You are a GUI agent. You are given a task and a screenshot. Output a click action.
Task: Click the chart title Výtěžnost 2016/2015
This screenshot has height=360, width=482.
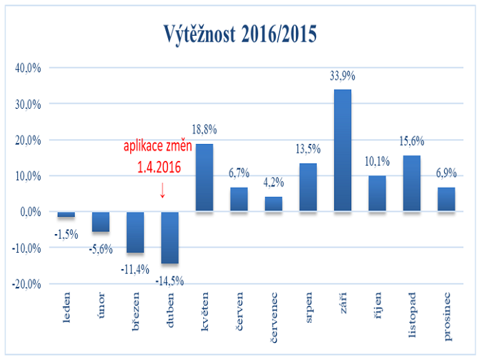[x=241, y=33]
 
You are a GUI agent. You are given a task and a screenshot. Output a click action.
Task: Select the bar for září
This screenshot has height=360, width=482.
[x=342, y=150]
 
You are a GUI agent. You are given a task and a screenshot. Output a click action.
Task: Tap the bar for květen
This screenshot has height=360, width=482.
[x=205, y=177]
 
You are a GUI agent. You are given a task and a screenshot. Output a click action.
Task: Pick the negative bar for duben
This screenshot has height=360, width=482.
[x=169, y=237]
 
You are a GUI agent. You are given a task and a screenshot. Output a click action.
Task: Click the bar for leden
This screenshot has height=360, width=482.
[x=66, y=214]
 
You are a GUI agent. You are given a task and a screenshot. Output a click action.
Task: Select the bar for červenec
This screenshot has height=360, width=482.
[x=273, y=204]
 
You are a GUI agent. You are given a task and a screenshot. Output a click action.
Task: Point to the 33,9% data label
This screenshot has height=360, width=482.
[x=342, y=76]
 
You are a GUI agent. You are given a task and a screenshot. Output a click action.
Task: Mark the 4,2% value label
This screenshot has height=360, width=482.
[x=273, y=184]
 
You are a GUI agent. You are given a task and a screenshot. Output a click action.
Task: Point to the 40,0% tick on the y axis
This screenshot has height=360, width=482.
[x=28, y=68]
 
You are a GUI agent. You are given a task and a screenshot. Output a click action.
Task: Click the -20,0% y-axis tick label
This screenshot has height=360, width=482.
[x=27, y=283]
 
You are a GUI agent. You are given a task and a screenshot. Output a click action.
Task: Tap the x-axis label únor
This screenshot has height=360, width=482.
[x=101, y=304]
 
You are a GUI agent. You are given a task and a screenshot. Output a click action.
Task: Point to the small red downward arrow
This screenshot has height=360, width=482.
[x=163, y=191]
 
